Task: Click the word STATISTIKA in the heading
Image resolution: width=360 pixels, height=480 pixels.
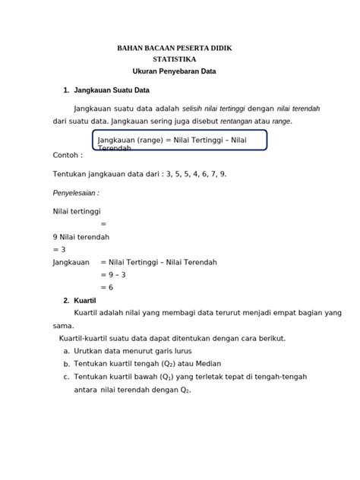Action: click(x=174, y=58)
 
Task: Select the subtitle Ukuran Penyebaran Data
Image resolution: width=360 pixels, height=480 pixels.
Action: click(x=174, y=71)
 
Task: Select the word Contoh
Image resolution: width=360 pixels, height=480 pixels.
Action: click(x=68, y=154)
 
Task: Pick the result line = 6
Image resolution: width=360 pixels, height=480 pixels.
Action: click(x=107, y=287)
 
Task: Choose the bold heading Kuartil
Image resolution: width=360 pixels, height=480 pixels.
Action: click(x=85, y=300)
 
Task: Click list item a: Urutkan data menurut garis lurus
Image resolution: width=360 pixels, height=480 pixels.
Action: click(x=132, y=351)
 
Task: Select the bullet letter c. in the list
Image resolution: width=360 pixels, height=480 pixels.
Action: click(x=67, y=377)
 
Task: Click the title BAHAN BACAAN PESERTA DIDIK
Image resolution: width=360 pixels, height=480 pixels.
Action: click(x=174, y=48)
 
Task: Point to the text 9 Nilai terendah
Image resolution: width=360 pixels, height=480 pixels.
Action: click(x=83, y=236)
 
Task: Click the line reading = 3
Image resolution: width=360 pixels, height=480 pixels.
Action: click(x=59, y=249)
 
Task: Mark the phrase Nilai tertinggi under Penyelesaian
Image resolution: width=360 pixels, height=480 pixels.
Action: click(x=77, y=211)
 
